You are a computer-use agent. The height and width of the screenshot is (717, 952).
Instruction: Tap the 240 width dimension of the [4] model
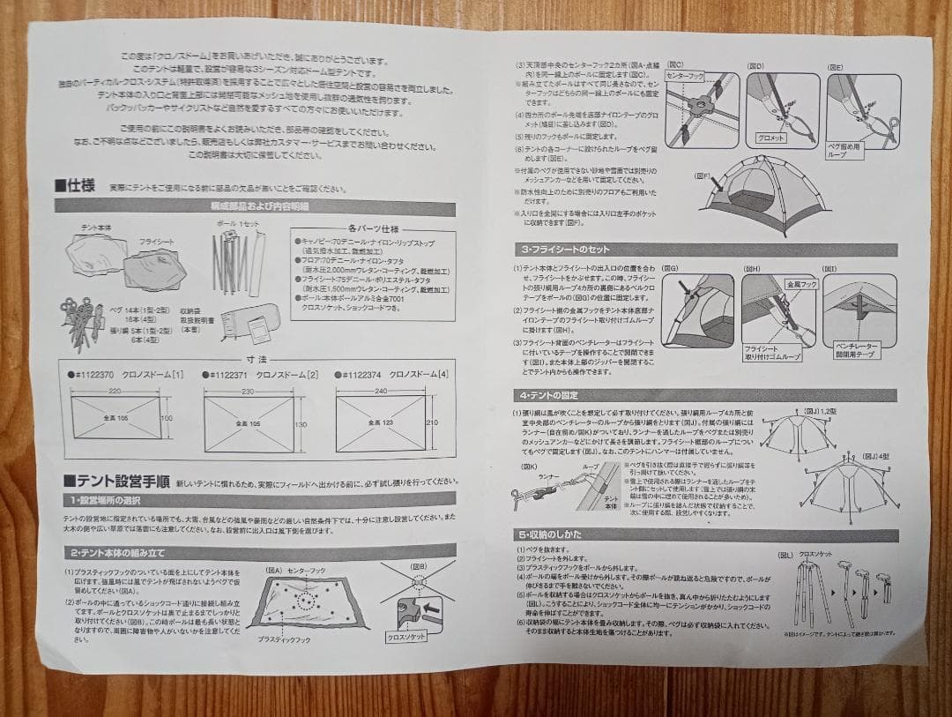click(x=380, y=391)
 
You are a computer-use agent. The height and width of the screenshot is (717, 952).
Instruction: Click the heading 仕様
click(x=78, y=187)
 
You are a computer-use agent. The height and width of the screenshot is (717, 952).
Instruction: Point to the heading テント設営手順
click(x=115, y=482)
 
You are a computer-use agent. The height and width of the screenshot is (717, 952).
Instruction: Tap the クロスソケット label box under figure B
click(x=405, y=635)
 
